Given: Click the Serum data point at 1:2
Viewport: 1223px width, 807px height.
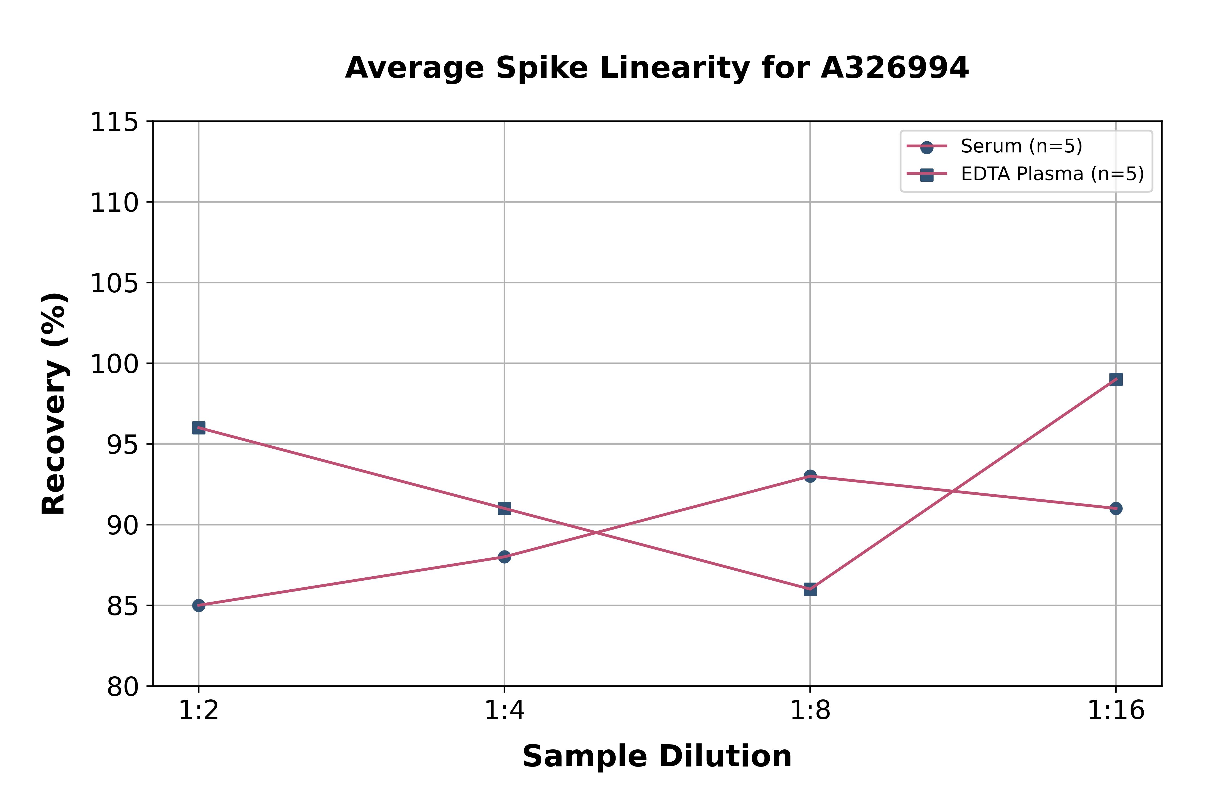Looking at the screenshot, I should point(199,605).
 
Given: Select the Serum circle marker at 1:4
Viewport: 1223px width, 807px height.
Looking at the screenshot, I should point(504,557).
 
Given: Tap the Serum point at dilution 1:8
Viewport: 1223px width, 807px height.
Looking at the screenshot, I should point(810,476).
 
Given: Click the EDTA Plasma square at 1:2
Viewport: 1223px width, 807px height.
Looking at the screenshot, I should point(199,428).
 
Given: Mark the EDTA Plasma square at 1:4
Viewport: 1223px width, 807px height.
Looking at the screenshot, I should point(504,508).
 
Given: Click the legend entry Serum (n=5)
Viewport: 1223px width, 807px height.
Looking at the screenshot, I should point(1021,146).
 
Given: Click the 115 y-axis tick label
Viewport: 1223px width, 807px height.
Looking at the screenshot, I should point(114,123).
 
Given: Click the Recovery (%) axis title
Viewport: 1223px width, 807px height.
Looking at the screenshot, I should point(54,403).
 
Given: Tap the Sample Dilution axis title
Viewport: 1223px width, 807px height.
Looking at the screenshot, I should point(657,756).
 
